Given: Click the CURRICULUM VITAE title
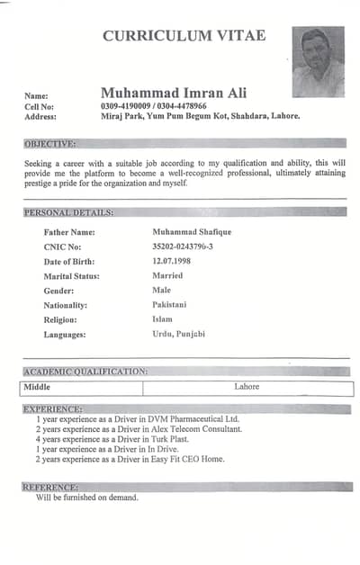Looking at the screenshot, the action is [184, 36].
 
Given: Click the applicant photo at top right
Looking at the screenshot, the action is [318, 61].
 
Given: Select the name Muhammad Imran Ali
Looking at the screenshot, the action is [174, 93].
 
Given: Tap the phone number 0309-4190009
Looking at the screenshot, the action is [128, 105].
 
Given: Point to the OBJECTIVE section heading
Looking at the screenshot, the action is [50, 144].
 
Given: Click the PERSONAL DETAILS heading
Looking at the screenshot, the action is [68, 212].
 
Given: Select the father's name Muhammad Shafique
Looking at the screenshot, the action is [189, 232].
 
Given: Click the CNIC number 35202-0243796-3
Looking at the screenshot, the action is [183, 246].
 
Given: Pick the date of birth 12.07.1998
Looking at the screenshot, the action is [173, 261].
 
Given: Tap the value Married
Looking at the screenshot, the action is [167, 275].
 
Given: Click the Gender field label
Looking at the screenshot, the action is [59, 291].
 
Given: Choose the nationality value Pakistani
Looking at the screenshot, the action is [169, 305].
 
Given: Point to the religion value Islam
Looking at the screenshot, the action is [163, 319].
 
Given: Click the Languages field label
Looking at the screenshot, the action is [65, 335].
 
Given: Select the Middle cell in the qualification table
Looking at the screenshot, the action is [38, 387].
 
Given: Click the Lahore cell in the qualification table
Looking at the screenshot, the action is [247, 387].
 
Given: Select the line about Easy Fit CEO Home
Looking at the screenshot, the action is [130, 459].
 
